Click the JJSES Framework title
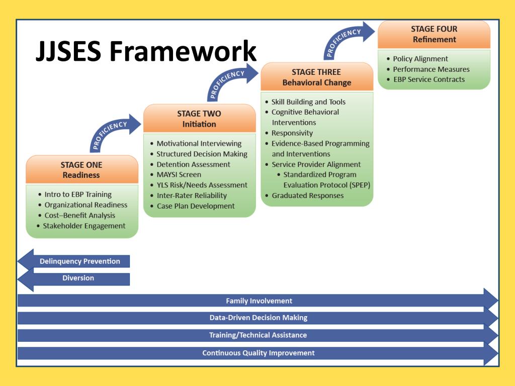(146, 51)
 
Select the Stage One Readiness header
(82, 169)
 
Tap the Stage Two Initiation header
(199, 119)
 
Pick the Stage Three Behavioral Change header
(317, 77)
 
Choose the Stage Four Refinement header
(434, 34)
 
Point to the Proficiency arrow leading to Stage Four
(347, 40)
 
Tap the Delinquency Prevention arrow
(73, 261)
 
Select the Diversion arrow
(73, 278)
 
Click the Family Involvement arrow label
(259, 301)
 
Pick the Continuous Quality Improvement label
(259, 353)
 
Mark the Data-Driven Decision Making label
(259, 318)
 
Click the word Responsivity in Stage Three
(292, 133)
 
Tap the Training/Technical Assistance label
(258, 335)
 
